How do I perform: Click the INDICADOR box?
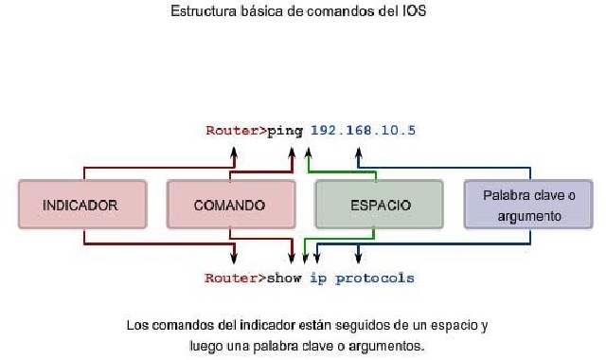(x=81, y=204)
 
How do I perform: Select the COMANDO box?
(x=229, y=204)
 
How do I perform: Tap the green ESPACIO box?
(x=379, y=204)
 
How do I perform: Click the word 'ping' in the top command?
(x=284, y=130)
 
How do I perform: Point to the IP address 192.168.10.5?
(x=362, y=130)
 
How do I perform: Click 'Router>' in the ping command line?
(x=236, y=130)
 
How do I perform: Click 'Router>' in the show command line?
(x=236, y=279)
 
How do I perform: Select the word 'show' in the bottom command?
(x=284, y=279)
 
